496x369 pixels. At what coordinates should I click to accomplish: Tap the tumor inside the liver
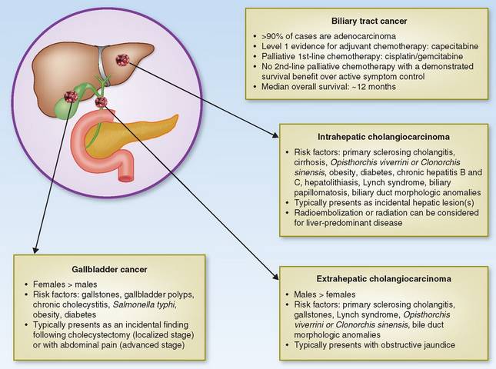click(123, 59)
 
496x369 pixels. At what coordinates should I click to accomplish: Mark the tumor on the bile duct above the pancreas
click(101, 101)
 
